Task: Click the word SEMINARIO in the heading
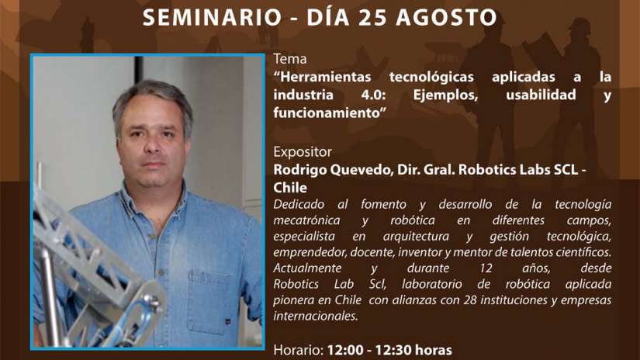point(213,17)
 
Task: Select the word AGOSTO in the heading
point(447,17)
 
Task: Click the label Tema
point(290,59)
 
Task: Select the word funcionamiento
point(327,112)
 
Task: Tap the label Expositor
point(303,152)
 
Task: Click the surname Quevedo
point(361,169)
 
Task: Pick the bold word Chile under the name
point(290,188)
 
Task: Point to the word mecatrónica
point(306,220)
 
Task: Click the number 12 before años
point(486,268)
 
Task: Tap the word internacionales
point(316,316)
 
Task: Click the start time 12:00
point(345,350)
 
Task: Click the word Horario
point(299,350)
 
